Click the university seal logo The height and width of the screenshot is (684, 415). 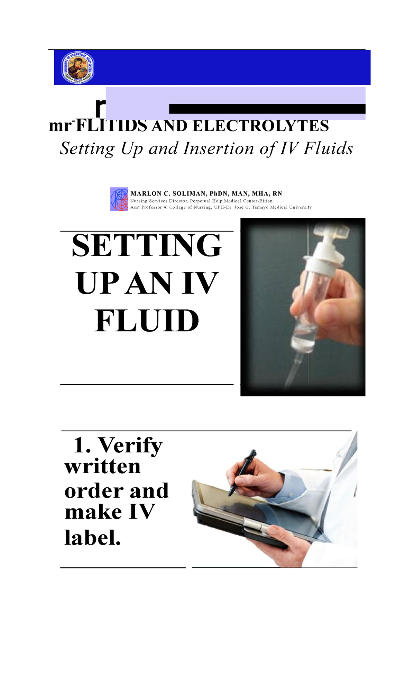tap(77, 68)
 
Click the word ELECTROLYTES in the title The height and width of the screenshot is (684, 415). tap(260, 126)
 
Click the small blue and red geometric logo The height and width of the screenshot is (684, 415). tap(119, 199)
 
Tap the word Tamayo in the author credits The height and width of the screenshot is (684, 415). tap(260, 207)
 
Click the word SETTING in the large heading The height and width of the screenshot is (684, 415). tap(147, 245)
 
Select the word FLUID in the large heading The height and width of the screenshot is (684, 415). tap(147, 321)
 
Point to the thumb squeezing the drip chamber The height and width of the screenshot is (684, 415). tap(332, 312)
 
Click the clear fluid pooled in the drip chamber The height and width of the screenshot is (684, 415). tap(304, 339)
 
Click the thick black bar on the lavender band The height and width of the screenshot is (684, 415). tap(267, 109)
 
